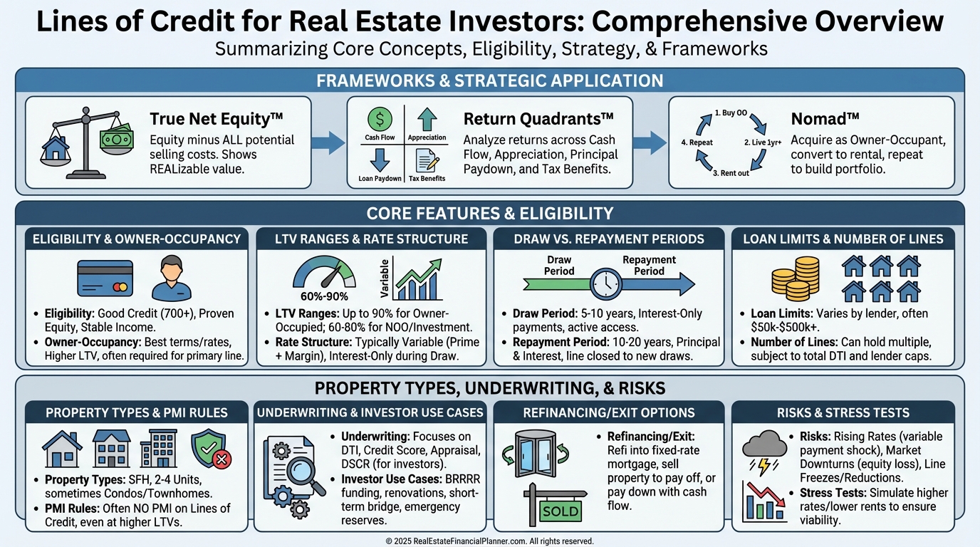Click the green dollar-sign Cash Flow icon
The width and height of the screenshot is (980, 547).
tap(380, 119)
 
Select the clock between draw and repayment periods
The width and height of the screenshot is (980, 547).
tap(606, 284)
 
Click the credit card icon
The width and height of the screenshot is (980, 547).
tap(105, 278)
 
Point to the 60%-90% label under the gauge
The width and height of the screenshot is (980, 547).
tap(324, 296)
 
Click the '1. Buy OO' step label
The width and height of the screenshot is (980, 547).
tap(731, 113)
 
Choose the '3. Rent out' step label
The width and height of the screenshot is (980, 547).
tap(731, 173)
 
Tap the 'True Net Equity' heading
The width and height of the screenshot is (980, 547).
tap(217, 119)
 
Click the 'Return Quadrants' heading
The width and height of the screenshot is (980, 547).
tap(538, 119)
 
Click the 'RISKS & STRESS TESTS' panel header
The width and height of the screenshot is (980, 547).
tap(843, 412)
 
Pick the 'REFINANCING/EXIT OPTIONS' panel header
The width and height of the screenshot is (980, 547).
tap(608, 412)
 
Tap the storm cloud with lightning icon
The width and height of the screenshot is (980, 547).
tap(764, 452)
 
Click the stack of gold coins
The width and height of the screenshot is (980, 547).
tap(796, 278)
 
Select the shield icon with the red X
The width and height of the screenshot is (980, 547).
tap(212, 449)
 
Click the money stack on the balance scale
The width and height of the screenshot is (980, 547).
tap(116, 139)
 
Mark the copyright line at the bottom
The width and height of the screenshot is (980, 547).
tap(489, 541)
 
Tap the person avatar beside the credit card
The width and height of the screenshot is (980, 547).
tap(172, 278)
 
